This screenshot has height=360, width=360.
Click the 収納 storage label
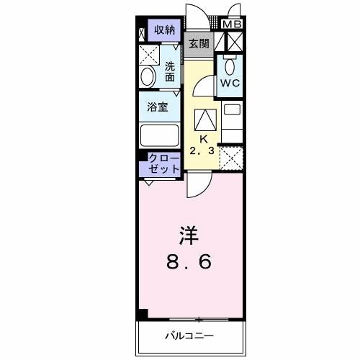click(164, 30)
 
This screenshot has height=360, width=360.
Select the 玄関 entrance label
click(199, 43)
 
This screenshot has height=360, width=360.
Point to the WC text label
click(230, 83)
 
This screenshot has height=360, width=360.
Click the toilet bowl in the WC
click(230, 66)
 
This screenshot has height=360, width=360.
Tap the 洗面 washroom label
click(171, 72)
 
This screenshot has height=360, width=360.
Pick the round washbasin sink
click(147, 77)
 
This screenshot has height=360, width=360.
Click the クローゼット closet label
click(164, 163)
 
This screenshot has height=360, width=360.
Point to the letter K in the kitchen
click(203, 138)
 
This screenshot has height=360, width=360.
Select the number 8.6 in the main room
click(190, 263)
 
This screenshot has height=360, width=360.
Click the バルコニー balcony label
click(190, 336)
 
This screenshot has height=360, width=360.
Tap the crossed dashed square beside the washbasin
click(148, 55)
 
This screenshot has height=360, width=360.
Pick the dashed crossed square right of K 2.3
click(231, 156)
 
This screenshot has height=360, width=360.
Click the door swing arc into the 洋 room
click(196, 186)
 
